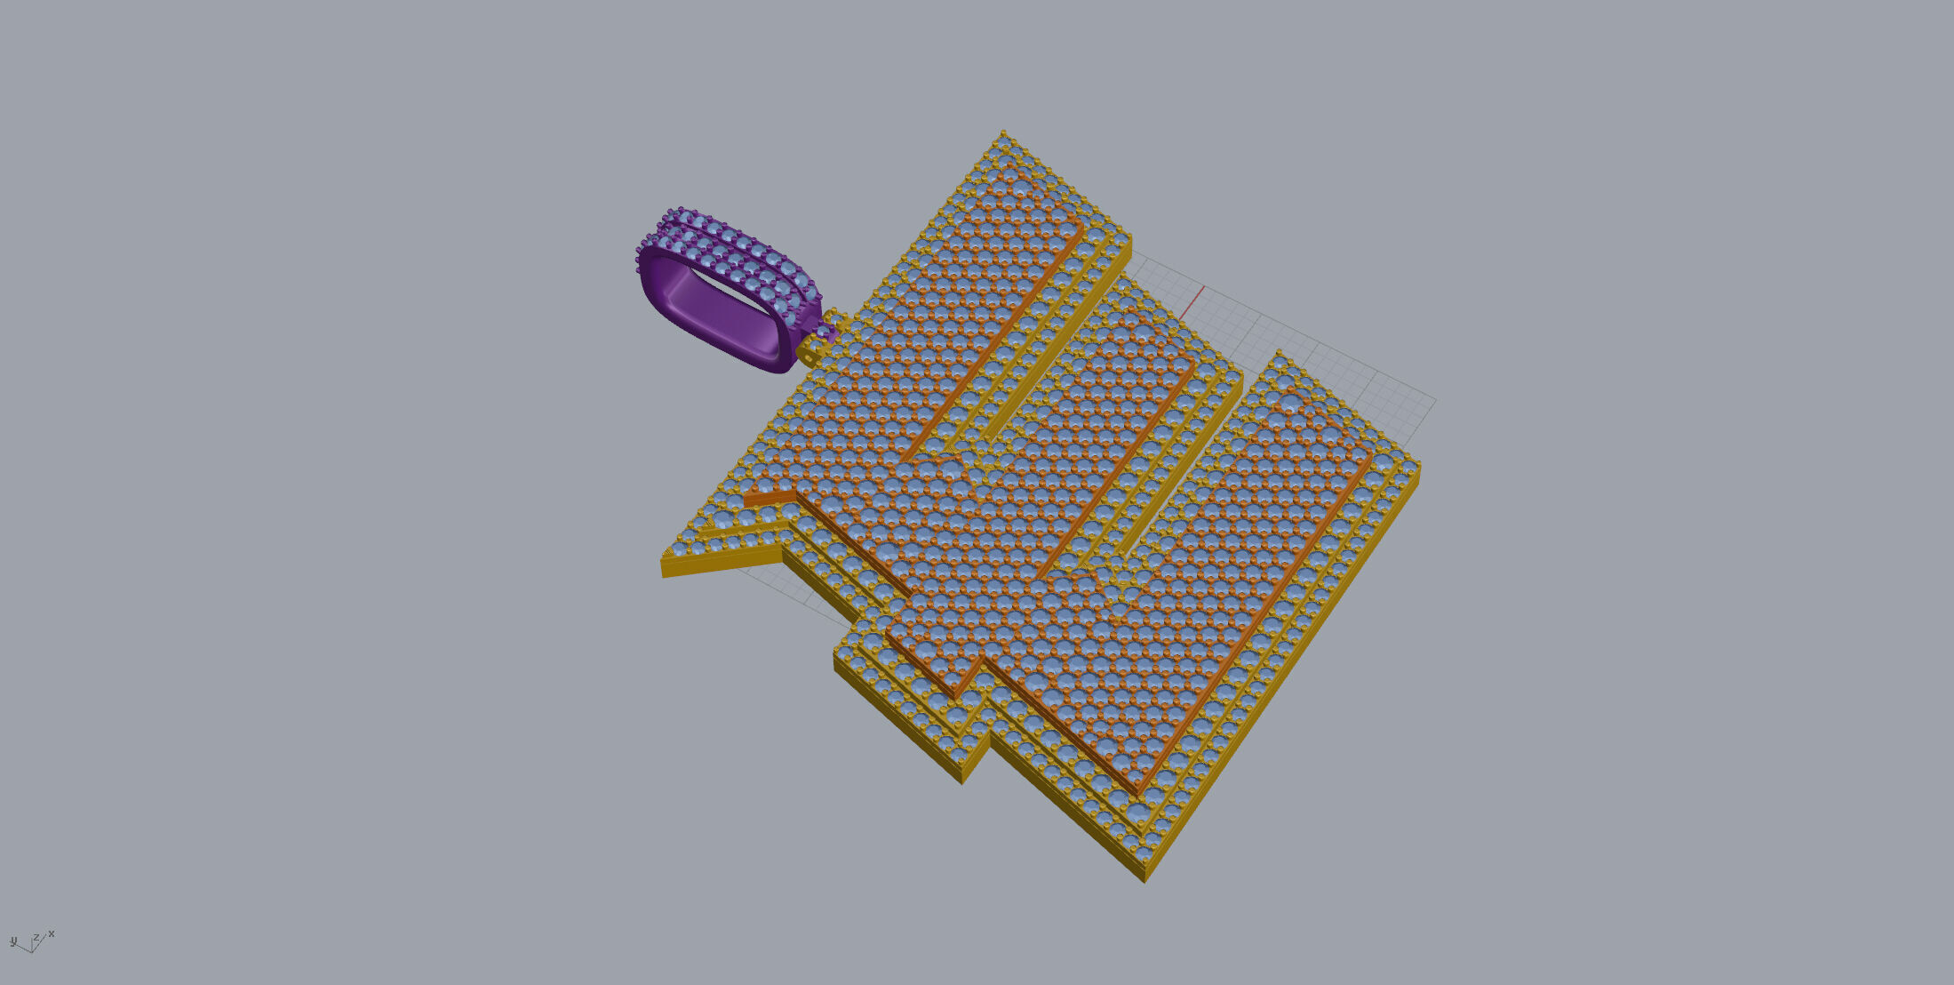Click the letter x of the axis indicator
tap(52, 933)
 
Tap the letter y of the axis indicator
tap(13, 941)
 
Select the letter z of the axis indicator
tap(36, 937)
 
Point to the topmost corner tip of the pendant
tap(1003, 132)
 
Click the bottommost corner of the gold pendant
tap(1144, 881)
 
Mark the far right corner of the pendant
tap(1418, 465)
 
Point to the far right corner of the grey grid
tap(1434, 401)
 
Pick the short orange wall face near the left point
tap(770, 498)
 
